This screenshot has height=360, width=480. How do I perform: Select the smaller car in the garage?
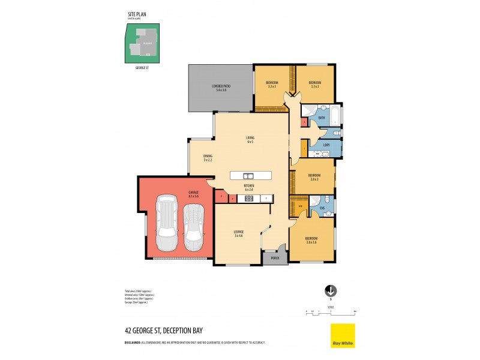tap(193, 228)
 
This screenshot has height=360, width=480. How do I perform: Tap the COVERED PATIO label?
tap(218, 88)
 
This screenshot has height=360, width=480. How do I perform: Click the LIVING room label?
tap(250, 140)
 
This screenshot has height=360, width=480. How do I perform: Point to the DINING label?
tap(208, 157)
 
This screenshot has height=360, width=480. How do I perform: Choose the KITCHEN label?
tap(249, 188)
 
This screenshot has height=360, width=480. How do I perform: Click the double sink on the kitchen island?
tap(249, 176)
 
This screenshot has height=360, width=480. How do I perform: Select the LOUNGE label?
tap(238, 233)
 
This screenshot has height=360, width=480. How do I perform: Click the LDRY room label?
tap(326, 145)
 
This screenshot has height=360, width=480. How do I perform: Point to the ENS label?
tap(322, 208)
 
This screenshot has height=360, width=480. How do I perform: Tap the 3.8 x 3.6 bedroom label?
tap(311, 240)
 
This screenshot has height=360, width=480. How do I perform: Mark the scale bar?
tap(331, 311)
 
